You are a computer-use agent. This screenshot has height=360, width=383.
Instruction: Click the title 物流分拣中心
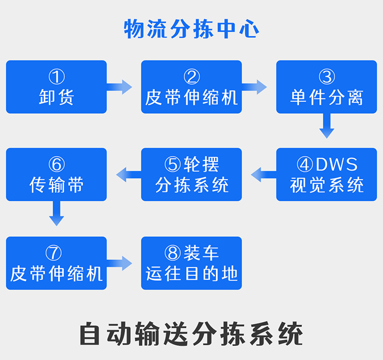pos(192,29)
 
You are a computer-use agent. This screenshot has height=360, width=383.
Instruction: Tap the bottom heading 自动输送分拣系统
pos(192,334)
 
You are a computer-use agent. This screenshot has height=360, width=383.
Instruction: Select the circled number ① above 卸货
pos(57,78)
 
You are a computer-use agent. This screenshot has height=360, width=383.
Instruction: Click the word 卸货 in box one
pos(57,97)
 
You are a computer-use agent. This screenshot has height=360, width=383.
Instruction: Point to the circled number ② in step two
pos(192,78)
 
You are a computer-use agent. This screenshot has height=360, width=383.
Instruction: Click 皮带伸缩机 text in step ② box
pos(192,97)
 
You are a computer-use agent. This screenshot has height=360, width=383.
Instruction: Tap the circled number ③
pos(327,78)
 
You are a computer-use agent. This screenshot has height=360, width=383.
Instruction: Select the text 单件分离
pos(327,97)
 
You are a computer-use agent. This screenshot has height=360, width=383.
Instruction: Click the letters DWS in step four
pos(337,164)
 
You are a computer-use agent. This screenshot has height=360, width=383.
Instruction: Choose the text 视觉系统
pos(327,185)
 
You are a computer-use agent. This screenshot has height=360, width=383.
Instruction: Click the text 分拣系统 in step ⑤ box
pos(192,185)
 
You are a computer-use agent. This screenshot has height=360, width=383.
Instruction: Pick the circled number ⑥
pos(57,164)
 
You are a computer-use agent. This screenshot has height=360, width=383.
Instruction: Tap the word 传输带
pos(57,185)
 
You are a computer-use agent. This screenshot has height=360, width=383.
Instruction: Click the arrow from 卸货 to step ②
pos(121,86)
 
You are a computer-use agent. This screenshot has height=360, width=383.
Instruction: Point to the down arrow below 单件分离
pos(327,126)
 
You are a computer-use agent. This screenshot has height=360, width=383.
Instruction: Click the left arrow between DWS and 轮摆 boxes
pos(262,175)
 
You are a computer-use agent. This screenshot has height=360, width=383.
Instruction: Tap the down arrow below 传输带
pos(57,213)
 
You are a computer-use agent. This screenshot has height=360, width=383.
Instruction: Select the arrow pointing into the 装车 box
pos(121,263)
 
